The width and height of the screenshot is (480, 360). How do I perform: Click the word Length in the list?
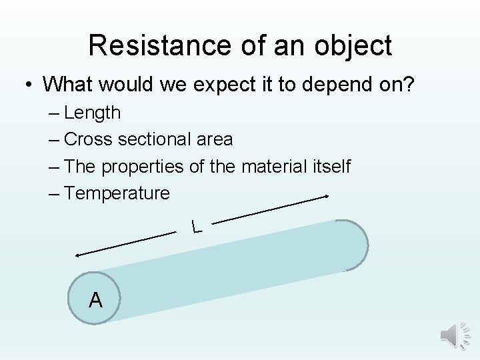93,113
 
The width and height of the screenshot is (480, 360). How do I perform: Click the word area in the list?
215,139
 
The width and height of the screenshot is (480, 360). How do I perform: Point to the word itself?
330,166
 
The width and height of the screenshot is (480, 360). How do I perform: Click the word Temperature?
117,193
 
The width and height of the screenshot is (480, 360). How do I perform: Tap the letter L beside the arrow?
195,227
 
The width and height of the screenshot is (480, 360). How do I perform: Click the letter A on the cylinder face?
96,301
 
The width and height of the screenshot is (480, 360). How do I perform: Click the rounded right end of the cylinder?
357,245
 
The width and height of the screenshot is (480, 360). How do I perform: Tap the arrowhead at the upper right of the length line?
327,197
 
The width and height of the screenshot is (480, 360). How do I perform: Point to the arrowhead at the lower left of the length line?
78,255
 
